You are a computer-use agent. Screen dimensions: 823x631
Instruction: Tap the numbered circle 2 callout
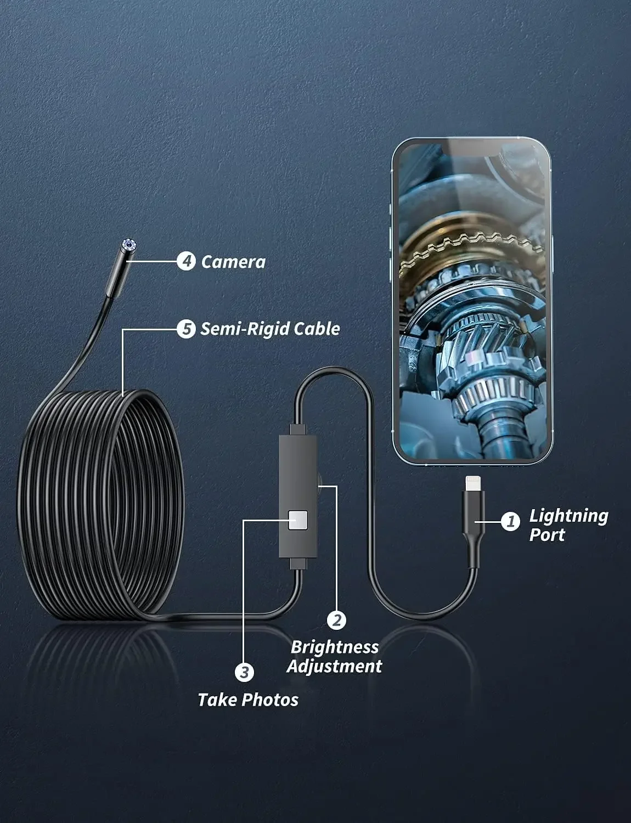(x=336, y=620)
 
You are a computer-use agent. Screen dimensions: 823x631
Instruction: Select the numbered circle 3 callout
(x=245, y=672)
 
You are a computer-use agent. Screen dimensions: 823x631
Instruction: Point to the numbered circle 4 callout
(x=187, y=261)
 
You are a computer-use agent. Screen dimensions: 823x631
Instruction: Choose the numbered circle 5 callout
(x=186, y=329)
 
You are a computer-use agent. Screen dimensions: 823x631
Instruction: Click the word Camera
(x=233, y=262)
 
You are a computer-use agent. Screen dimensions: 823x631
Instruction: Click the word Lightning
(x=568, y=516)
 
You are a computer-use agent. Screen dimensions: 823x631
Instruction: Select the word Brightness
(x=335, y=647)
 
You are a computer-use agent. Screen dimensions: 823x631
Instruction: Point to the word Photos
(x=270, y=700)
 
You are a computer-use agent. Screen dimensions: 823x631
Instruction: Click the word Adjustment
(x=334, y=667)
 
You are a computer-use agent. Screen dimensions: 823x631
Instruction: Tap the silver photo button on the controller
(x=298, y=519)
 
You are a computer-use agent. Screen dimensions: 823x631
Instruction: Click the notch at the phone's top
(x=471, y=148)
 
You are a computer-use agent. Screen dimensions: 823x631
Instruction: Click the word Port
(x=547, y=535)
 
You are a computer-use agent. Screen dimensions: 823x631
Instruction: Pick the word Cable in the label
(x=317, y=329)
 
